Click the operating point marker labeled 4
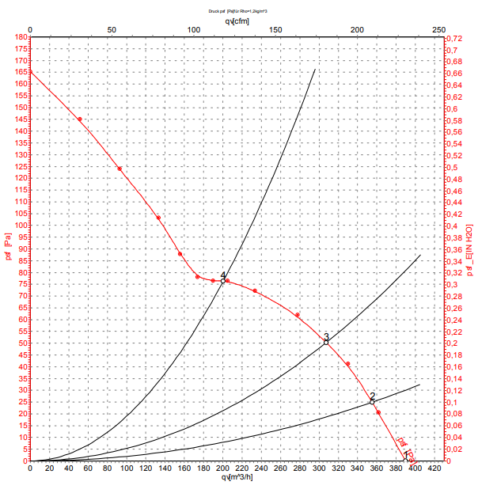point(222,281)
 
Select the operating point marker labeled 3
point(326,342)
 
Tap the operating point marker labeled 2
point(372,402)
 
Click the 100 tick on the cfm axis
point(194,29)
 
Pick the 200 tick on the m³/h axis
point(222,468)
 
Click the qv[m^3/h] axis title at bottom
point(237,477)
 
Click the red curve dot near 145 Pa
point(79,119)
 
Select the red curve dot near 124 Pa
point(119,169)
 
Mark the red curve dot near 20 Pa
point(378,412)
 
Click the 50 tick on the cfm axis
point(112,29)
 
